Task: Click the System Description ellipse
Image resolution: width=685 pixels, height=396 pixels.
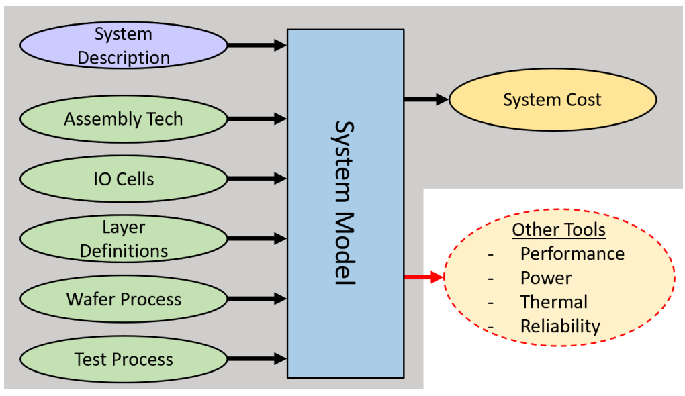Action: click(x=124, y=46)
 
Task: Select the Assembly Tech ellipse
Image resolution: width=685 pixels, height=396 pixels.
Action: click(x=124, y=119)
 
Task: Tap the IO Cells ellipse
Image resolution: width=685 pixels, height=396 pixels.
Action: click(x=124, y=179)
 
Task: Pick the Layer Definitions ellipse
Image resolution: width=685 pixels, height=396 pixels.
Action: click(x=124, y=239)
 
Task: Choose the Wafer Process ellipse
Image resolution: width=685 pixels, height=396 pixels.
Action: click(x=124, y=299)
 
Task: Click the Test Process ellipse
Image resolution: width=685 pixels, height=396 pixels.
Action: click(x=124, y=359)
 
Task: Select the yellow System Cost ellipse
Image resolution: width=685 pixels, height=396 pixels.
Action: click(x=552, y=101)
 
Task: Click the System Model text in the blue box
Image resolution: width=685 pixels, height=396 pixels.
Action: click(x=345, y=203)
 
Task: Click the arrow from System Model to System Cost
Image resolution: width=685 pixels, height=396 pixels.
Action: click(x=426, y=100)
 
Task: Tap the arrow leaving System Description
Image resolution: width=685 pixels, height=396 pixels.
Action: click(x=257, y=46)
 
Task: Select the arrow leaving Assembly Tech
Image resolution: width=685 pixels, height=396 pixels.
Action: click(x=257, y=119)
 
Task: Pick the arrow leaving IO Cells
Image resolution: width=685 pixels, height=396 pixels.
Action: click(x=257, y=179)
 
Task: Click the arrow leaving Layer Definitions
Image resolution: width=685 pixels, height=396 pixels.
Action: click(x=257, y=239)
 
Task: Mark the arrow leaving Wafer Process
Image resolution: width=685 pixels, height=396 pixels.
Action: click(x=257, y=299)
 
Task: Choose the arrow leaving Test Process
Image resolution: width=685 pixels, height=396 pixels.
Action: click(x=257, y=359)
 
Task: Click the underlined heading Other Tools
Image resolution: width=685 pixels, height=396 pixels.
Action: click(x=559, y=230)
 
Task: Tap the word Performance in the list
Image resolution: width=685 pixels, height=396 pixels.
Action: click(x=572, y=254)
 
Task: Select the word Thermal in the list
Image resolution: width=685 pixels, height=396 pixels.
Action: click(x=553, y=302)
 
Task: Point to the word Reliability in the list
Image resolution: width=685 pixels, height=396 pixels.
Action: click(x=560, y=326)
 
